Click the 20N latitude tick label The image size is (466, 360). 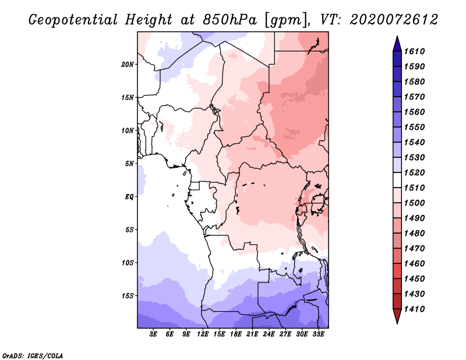tap(128, 65)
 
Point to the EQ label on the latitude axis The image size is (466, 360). tap(129, 197)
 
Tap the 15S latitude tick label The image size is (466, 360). tap(128, 296)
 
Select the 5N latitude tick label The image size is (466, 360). tap(129, 164)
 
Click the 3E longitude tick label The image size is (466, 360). tap(153, 334)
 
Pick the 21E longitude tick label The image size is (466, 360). tap(252, 334)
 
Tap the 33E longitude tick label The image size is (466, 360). tap(318, 334)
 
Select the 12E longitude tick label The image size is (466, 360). tap(203, 334)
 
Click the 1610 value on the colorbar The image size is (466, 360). tap(414, 51)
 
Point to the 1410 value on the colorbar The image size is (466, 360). tap(414, 309)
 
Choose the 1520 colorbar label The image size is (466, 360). tap(414, 172)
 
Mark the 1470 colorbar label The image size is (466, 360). tap(414, 249)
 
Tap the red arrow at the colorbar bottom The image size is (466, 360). tap(397, 316)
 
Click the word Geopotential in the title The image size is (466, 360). tap(73, 20)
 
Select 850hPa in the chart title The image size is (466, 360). tap(230, 20)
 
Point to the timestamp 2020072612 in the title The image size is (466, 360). tap(394, 20)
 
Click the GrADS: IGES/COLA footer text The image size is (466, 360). tap(33, 356)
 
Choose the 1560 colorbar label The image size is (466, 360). tap(414, 112)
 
